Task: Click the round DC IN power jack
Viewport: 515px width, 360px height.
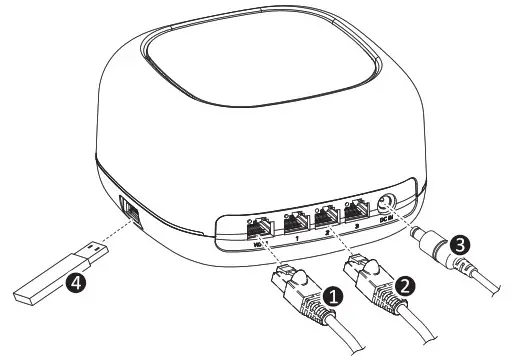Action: [388, 207]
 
